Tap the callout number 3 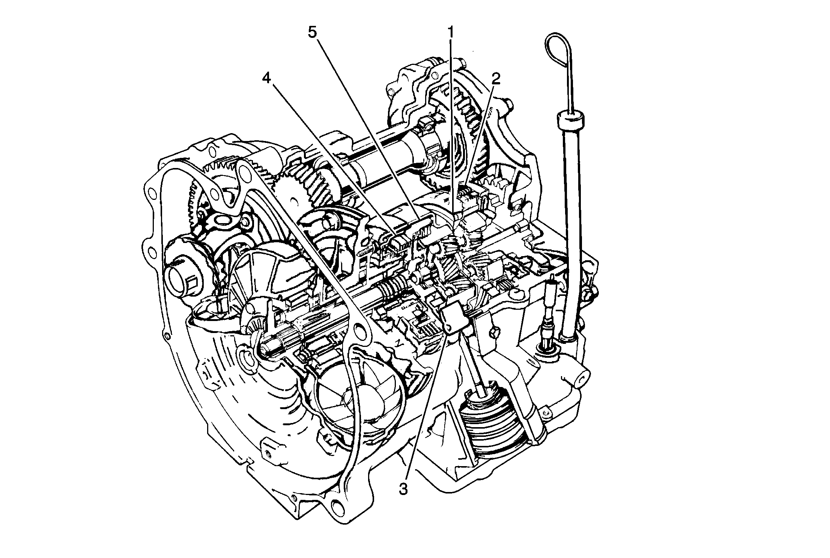coord(403,489)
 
